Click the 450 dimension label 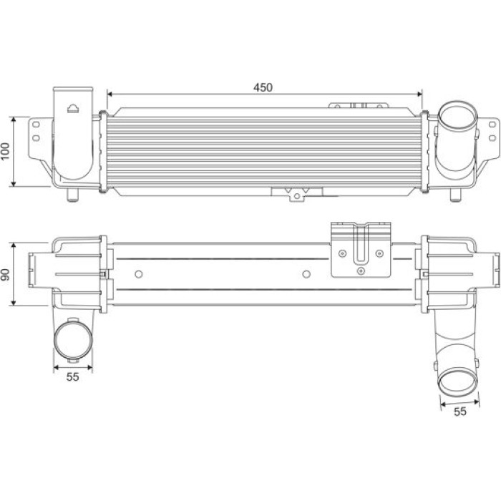coord(263,87)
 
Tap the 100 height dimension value coord(6,151)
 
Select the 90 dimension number coord(6,274)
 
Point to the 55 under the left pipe coord(72,376)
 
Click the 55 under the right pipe coord(459,412)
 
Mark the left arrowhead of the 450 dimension coord(110,94)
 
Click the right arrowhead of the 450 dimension coord(419,94)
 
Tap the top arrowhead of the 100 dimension coord(14,120)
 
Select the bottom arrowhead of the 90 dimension coord(14,302)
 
